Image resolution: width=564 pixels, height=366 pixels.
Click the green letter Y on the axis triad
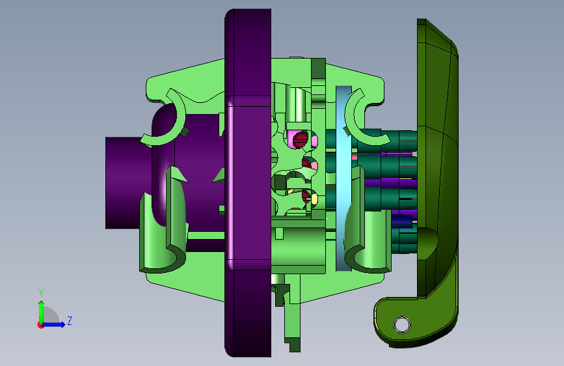(41, 293)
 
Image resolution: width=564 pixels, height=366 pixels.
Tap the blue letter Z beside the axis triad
(70, 320)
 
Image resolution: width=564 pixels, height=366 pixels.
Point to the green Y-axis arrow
(42, 313)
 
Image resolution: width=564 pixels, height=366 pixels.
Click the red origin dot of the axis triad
(40, 325)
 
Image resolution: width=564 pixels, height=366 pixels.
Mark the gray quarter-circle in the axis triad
(50, 316)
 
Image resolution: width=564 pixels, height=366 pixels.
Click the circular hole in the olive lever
(402, 324)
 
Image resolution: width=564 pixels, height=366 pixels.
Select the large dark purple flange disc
(248, 183)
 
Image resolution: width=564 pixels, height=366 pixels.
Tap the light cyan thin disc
(343, 178)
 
